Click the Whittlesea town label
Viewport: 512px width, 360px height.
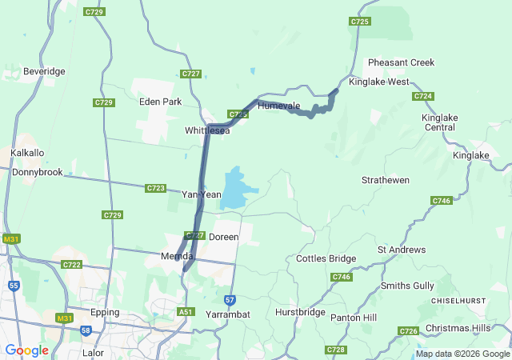point(207,130)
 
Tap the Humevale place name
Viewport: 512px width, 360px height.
point(278,106)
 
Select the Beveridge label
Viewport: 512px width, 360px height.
point(44,71)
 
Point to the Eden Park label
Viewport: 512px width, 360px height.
point(160,102)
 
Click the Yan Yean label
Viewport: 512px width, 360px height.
point(202,194)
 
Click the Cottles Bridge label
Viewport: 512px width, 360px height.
point(326,258)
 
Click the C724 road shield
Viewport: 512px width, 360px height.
point(423,96)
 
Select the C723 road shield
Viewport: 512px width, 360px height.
point(156,188)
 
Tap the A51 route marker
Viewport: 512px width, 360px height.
point(186,312)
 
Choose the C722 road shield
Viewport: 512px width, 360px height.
point(71,265)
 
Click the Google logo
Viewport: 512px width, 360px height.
point(26,350)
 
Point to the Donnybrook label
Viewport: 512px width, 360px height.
point(37,172)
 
